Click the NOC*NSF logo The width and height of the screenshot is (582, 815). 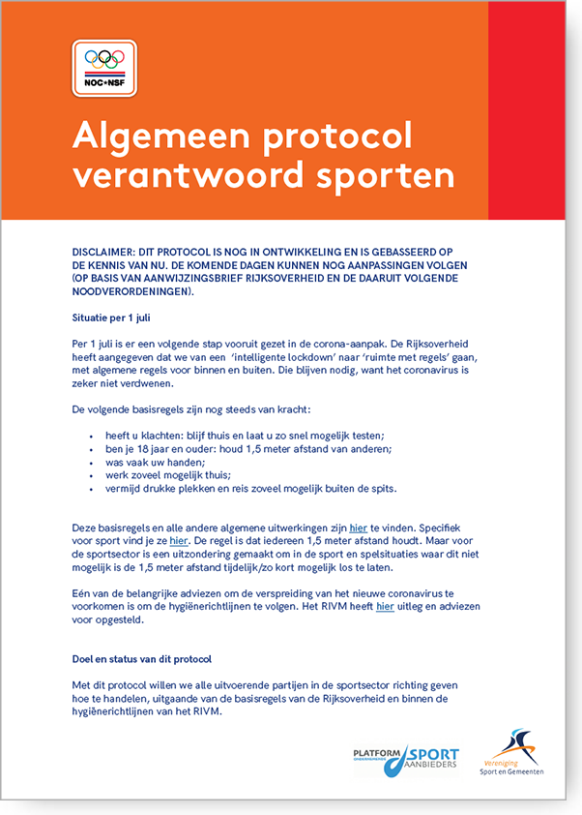(x=104, y=69)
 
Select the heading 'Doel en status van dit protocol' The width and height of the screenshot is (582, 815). (x=141, y=659)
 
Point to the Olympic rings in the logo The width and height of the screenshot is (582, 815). (x=104, y=58)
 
